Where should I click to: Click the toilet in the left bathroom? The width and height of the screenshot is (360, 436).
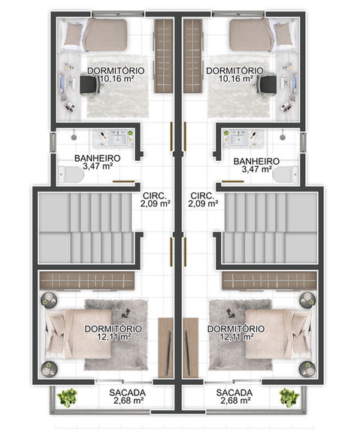71,174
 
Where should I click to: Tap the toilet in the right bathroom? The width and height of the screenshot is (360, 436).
286,174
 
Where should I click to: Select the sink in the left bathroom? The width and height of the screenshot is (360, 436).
119,138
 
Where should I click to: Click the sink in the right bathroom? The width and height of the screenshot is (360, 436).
238,138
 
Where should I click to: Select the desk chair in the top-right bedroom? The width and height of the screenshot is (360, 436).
266,84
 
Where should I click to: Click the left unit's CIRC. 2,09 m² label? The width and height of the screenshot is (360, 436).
155,200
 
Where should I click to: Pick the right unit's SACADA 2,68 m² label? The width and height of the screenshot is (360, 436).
234,396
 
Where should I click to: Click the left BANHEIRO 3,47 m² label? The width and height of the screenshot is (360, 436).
98,162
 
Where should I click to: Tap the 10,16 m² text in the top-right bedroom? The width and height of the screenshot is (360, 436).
235,79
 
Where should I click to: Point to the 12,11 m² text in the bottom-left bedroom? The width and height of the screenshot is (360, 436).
114,337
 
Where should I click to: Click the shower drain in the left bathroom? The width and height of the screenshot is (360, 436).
74,137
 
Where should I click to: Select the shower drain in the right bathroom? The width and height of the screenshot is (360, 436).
283,137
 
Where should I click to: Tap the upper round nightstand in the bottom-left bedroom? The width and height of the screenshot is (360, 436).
49,299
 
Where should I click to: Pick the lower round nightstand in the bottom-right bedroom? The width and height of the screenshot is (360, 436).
307,368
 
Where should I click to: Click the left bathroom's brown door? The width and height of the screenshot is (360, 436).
123,182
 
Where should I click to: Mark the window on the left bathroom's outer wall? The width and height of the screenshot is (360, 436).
53,142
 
